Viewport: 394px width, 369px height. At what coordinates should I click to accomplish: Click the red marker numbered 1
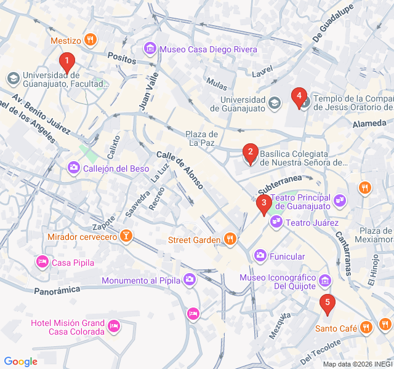66,61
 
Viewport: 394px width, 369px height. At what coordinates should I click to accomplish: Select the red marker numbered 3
263,203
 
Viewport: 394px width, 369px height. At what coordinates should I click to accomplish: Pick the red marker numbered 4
299,96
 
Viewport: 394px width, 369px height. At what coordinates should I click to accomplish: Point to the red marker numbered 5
328,303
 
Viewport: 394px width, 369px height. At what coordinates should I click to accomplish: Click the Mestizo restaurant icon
91,41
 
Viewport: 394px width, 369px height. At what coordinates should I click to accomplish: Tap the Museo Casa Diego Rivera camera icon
150,49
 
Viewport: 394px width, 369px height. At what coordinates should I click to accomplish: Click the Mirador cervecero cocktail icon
126,237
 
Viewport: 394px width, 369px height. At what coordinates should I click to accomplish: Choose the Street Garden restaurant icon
230,239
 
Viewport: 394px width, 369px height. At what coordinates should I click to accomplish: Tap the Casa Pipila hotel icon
42,263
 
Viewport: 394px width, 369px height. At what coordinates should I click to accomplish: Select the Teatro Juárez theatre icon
275,222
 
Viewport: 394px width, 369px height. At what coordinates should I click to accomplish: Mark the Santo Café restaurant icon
367,328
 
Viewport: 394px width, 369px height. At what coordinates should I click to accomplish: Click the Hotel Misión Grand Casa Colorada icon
113,326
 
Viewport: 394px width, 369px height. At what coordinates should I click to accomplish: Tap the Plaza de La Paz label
203,138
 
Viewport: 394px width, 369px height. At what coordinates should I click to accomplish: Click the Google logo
21,362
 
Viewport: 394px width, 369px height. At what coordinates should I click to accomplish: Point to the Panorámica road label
57,290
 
